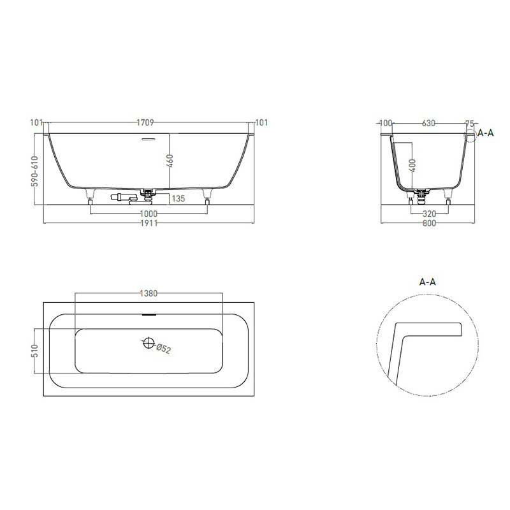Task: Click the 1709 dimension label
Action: coord(145,122)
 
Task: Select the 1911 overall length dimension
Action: coord(149,223)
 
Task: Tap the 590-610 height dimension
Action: coord(35,171)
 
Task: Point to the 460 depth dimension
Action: coord(170,161)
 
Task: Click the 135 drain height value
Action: coord(178,198)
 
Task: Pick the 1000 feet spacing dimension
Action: coord(149,214)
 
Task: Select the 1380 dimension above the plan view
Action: coord(149,293)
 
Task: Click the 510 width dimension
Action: coord(35,351)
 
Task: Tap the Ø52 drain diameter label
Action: coord(163,348)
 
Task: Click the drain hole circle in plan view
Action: coord(149,342)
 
